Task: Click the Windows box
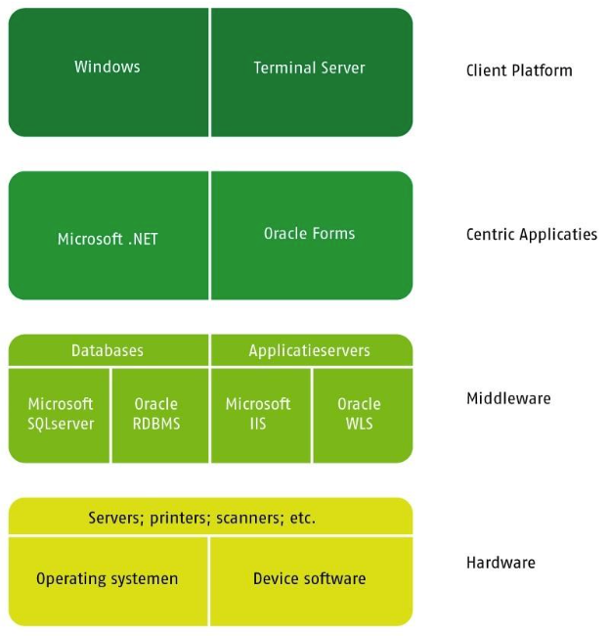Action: coord(108,68)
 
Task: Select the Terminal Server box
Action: coord(310,68)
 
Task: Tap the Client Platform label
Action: coord(519,70)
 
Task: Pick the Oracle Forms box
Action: coord(310,234)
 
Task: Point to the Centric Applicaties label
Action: coord(532,235)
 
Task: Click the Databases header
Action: coord(108,350)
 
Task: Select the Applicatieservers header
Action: coord(310,350)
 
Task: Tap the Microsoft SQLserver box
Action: coord(61,414)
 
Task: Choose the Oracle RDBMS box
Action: coord(156,414)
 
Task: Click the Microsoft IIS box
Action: coord(259,414)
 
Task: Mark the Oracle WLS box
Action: coord(359,414)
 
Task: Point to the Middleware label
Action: coord(508,398)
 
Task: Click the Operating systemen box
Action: coord(108,578)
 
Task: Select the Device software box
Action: coord(310,578)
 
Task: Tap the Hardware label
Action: coord(500,563)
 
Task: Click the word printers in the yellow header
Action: coord(179,518)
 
